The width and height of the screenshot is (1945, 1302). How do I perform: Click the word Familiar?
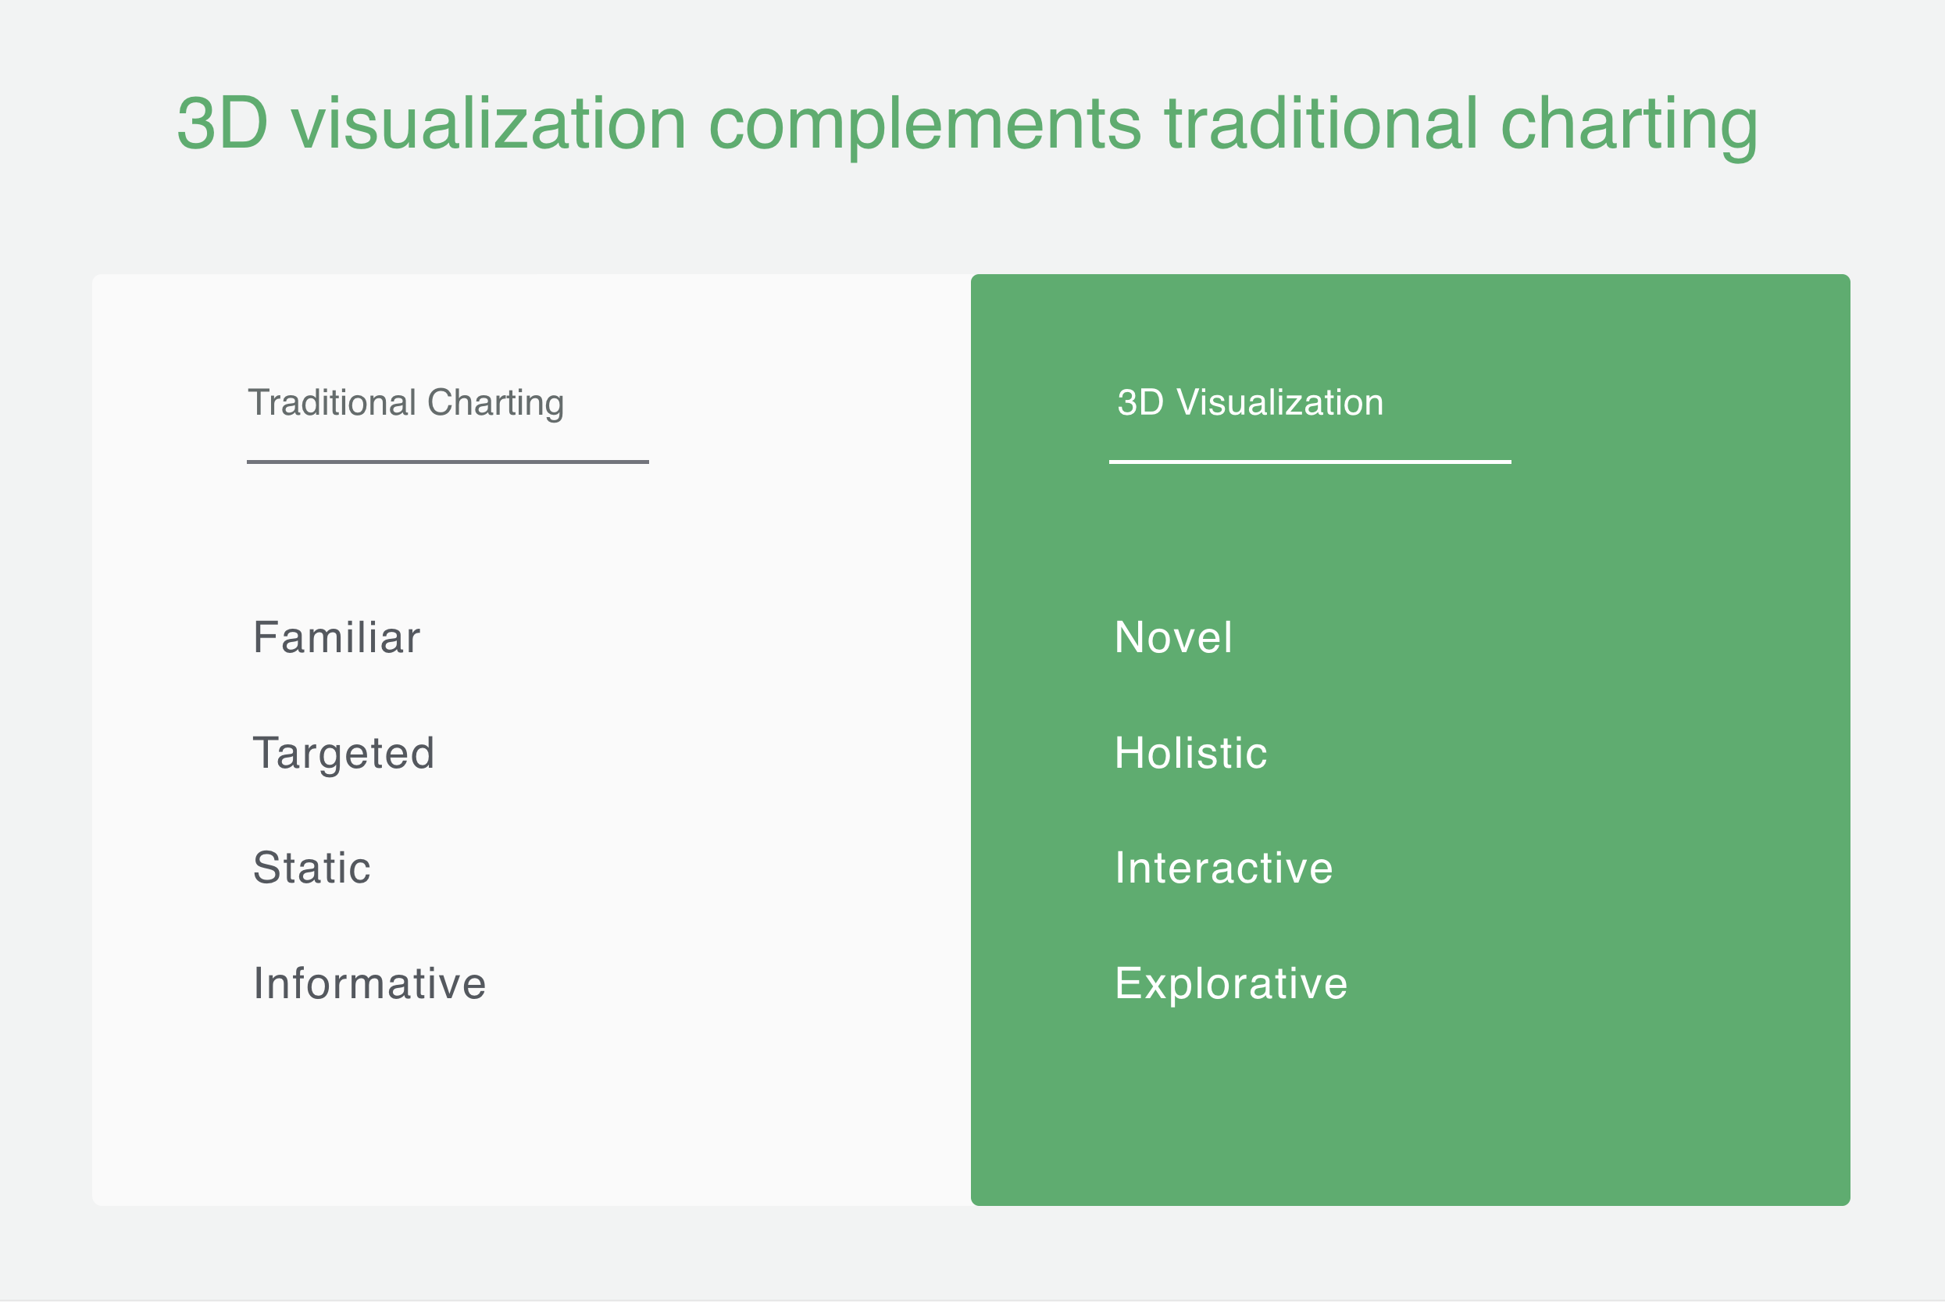point(337,637)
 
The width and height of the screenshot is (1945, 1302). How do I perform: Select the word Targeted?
point(343,753)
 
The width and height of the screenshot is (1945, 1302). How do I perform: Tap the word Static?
point(312,868)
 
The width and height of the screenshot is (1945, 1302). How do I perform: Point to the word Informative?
point(369,983)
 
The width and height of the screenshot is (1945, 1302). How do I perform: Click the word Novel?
point(1172,637)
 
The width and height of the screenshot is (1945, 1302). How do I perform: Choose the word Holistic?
point(1190,753)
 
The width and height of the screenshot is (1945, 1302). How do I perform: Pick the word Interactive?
point(1223,868)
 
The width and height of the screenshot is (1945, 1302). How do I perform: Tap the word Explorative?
point(1231,983)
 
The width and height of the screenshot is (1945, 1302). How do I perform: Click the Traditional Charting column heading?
point(406,403)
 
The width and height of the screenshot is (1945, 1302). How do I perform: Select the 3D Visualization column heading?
point(1250,403)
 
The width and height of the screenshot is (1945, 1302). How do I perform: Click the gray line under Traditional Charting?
point(448,462)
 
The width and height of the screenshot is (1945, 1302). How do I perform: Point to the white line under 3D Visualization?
point(1310,462)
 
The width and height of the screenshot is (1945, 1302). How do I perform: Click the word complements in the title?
point(924,124)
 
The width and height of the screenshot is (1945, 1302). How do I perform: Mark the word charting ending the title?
point(1629,124)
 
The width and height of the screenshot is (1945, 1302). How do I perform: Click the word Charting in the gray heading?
point(496,404)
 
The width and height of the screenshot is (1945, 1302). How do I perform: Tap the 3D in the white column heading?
point(1140,403)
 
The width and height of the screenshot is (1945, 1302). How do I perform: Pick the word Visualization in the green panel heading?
point(1279,403)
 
